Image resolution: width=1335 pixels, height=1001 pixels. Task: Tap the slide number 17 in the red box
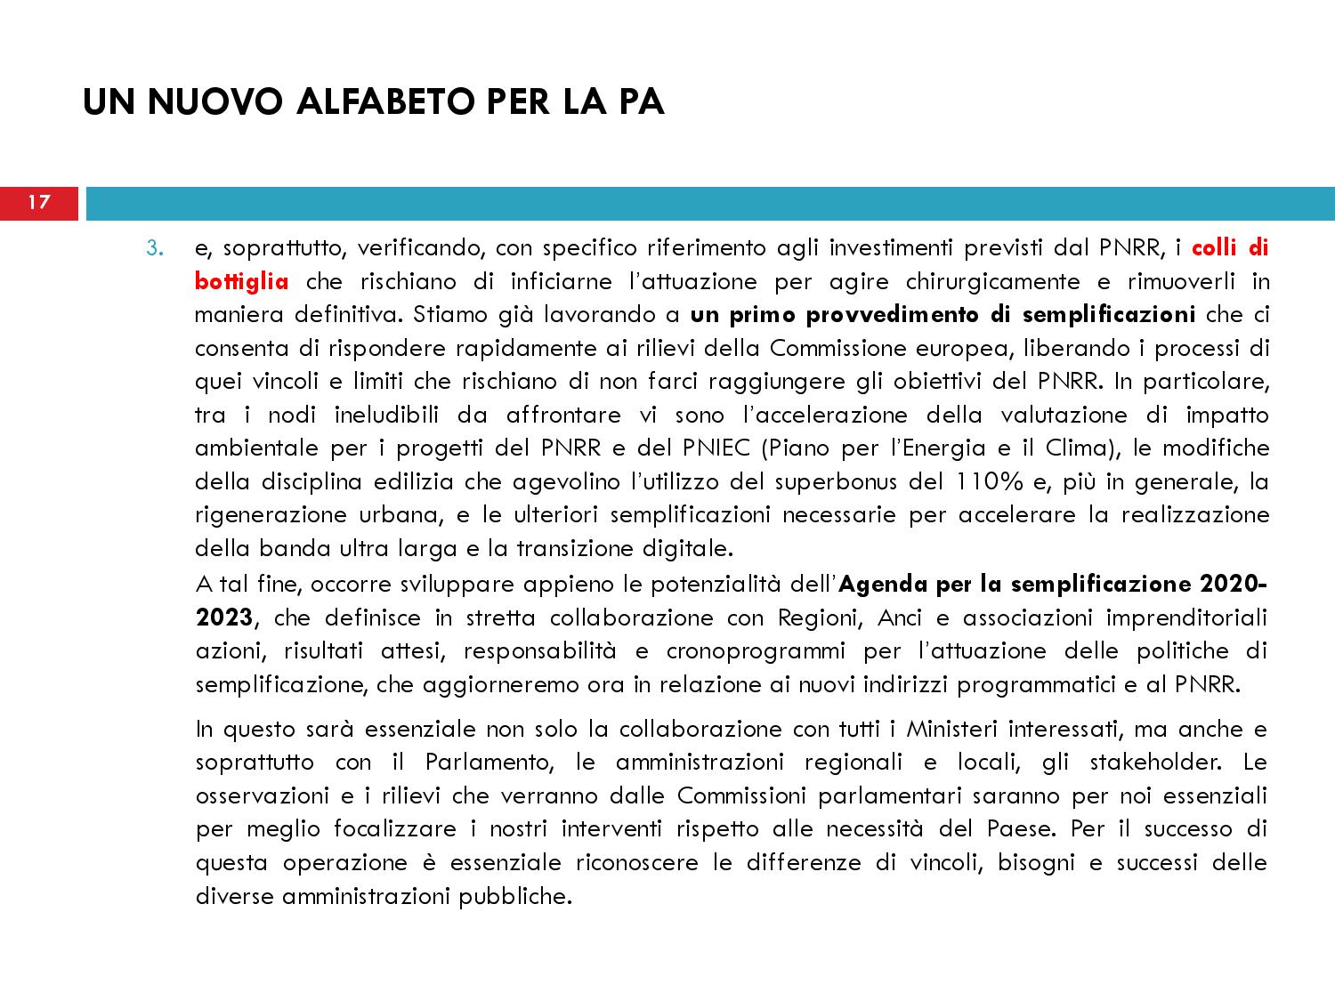pyautogui.click(x=39, y=203)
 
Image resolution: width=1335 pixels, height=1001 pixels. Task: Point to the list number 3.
pyautogui.click(x=156, y=248)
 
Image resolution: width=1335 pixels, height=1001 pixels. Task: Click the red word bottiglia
pyautogui.click(x=242, y=282)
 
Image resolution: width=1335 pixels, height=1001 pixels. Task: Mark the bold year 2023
pyautogui.click(x=224, y=618)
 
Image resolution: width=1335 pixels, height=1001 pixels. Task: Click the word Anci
pyautogui.click(x=900, y=618)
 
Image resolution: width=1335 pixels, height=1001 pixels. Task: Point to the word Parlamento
pyautogui.click(x=489, y=763)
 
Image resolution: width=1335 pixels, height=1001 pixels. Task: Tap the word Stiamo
pyautogui.click(x=453, y=315)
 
